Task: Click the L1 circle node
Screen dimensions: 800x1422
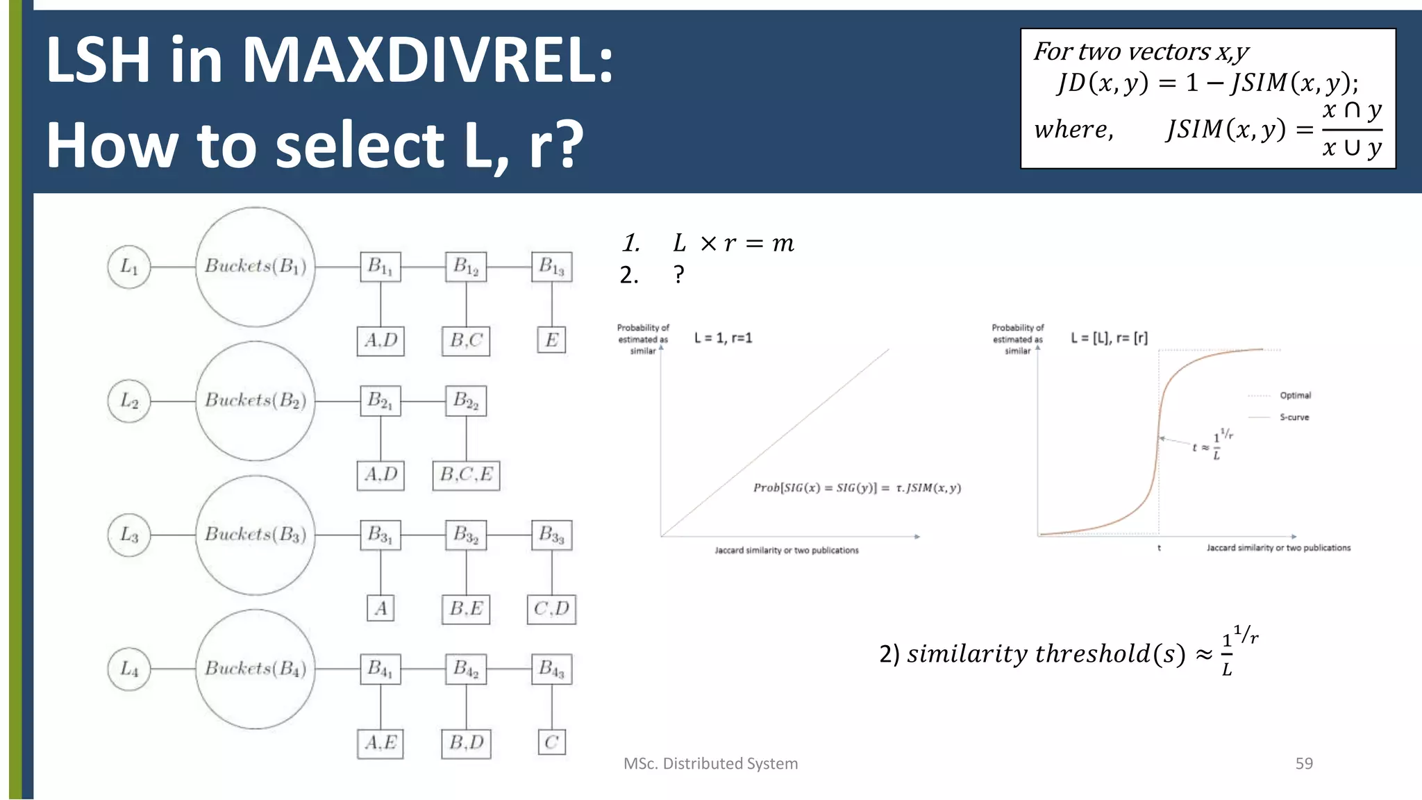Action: (129, 267)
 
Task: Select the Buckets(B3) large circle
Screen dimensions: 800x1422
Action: (256, 535)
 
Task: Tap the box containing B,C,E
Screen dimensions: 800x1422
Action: (466, 475)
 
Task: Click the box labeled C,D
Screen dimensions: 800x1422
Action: (551, 609)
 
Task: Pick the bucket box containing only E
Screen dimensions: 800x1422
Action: (552, 340)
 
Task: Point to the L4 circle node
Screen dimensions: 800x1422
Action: (129, 669)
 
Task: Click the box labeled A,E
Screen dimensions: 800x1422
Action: (380, 743)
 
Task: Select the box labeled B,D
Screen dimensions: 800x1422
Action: (466, 743)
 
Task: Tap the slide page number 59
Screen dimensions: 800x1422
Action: (1304, 763)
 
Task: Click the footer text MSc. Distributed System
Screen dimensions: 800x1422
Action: (710, 763)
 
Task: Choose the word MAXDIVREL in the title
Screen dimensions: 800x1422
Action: (427, 60)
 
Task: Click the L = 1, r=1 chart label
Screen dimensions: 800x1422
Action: (723, 338)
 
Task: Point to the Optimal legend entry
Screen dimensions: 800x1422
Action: (1295, 395)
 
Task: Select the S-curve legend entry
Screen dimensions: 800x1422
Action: (1294, 417)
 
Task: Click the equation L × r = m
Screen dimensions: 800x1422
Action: (733, 243)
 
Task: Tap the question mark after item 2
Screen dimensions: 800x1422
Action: (679, 275)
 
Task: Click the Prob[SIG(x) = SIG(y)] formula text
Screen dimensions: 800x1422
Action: (857, 487)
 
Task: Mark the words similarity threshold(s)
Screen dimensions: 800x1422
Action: (1046, 653)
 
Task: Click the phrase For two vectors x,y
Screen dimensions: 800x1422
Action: (1141, 51)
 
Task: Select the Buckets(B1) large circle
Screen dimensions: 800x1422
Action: (256, 267)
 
